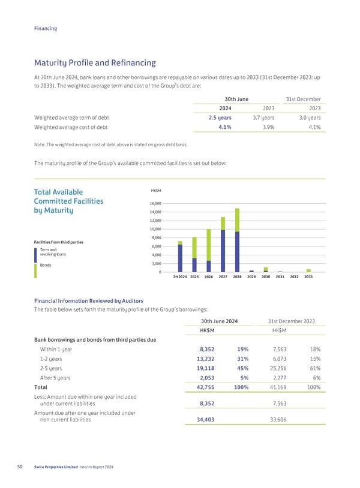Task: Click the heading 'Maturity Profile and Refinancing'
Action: (95, 62)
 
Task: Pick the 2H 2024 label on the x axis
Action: (180, 277)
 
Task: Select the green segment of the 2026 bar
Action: (209, 245)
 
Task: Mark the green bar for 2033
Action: (308, 270)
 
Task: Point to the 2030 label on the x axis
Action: (266, 277)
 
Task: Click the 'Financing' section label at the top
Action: (46, 28)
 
